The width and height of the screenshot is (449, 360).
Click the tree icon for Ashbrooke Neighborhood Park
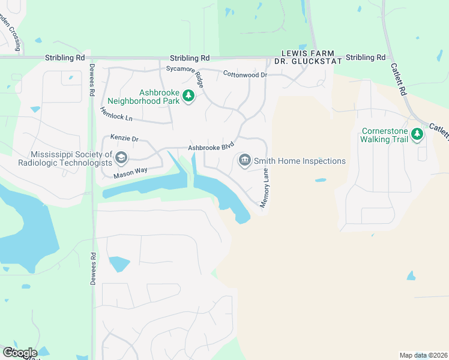(188, 95)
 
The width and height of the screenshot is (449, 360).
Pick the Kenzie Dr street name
(124, 139)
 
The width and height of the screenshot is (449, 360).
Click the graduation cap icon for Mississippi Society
(121, 158)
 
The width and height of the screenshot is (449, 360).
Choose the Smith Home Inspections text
(300, 161)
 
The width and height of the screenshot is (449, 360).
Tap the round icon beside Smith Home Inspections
(245, 160)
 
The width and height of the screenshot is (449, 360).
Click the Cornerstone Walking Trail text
(384, 135)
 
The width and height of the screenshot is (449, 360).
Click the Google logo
(20, 352)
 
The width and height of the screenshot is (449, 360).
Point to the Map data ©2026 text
(423, 355)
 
